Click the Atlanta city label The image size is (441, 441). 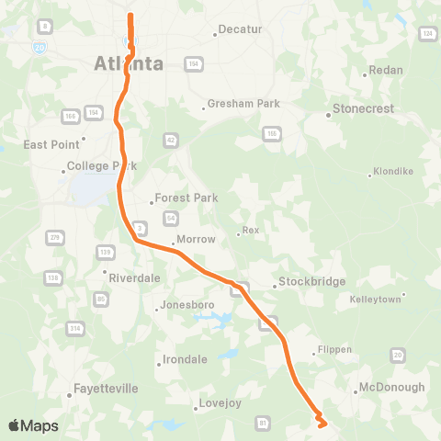coord(129,63)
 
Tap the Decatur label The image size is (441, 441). coord(242,29)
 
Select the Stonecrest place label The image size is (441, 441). coord(363,108)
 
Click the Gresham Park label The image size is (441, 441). coord(243,104)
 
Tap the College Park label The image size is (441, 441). coord(101,166)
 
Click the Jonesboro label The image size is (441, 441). coord(186,305)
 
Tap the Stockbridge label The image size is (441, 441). coord(311,281)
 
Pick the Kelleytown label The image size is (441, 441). coord(377,300)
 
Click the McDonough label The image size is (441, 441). coord(391,387)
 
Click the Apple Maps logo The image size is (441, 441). coord(33,425)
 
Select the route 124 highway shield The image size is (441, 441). coord(427,33)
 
